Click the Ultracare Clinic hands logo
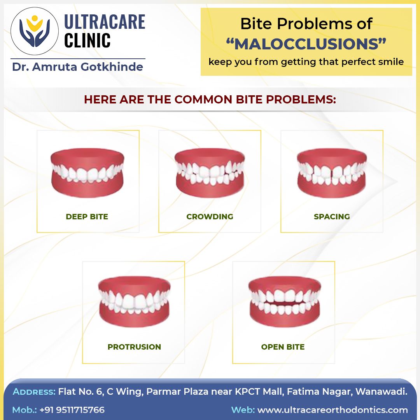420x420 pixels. (x=35, y=31)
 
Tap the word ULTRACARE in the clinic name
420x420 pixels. (x=104, y=22)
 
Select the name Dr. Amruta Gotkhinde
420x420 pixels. (x=78, y=67)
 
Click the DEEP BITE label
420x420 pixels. (x=87, y=217)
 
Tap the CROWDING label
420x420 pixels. (x=210, y=217)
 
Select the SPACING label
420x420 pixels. (x=332, y=217)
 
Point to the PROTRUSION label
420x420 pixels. (x=134, y=347)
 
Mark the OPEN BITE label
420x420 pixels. (x=283, y=347)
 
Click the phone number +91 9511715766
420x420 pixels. (x=72, y=410)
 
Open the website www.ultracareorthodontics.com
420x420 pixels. (x=332, y=410)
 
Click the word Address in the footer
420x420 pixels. (x=34, y=392)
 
